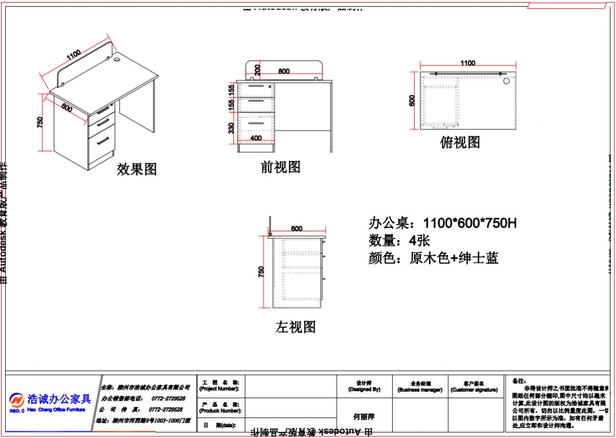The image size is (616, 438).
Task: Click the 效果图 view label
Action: [x=137, y=169]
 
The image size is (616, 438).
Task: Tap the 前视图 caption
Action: [x=280, y=167]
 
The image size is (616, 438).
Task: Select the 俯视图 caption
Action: [x=460, y=142]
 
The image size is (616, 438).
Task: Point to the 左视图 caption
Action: [x=295, y=326]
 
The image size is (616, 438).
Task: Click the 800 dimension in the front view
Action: [x=284, y=71]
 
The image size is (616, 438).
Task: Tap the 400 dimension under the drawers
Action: [x=256, y=138]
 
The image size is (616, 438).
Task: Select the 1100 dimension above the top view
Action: [x=468, y=63]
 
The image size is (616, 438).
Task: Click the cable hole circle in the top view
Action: [x=506, y=81]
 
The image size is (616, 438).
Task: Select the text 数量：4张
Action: [x=399, y=240]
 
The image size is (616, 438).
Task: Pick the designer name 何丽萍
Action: [x=364, y=416]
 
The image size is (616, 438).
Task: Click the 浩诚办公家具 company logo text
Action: [x=59, y=399]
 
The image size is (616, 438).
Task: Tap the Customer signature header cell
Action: [x=474, y=387]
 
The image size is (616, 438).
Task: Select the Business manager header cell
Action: [x=420, y=387]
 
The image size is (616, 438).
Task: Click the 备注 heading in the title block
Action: [x=519, y=381]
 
